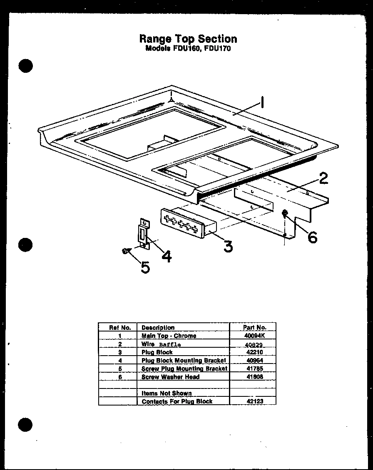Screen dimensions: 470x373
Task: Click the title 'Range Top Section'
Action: click(188, 39)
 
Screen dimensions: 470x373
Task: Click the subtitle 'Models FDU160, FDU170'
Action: click(188, 48)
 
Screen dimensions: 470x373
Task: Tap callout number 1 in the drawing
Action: click(262, 102)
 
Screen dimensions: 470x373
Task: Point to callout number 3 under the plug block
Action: click(227, 246)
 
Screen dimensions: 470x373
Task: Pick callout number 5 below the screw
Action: click(145, 267)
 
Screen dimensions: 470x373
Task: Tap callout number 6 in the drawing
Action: click(312, 237)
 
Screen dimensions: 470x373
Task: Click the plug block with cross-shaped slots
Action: click(183, 223)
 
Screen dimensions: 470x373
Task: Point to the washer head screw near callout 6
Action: click(285, 213)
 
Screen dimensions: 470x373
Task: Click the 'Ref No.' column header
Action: click(120, 327)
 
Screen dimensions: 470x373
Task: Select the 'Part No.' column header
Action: click(254, 327)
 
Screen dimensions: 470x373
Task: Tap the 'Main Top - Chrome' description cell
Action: click(169, 336)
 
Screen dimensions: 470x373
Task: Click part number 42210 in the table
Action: click(254, 352)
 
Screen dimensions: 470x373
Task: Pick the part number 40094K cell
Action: click(254, 336)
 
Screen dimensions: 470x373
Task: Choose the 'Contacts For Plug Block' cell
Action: click(177, 401)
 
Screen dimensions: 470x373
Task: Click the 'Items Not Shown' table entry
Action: click(167, 393)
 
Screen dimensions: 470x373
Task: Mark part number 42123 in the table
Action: click(254, 401)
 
